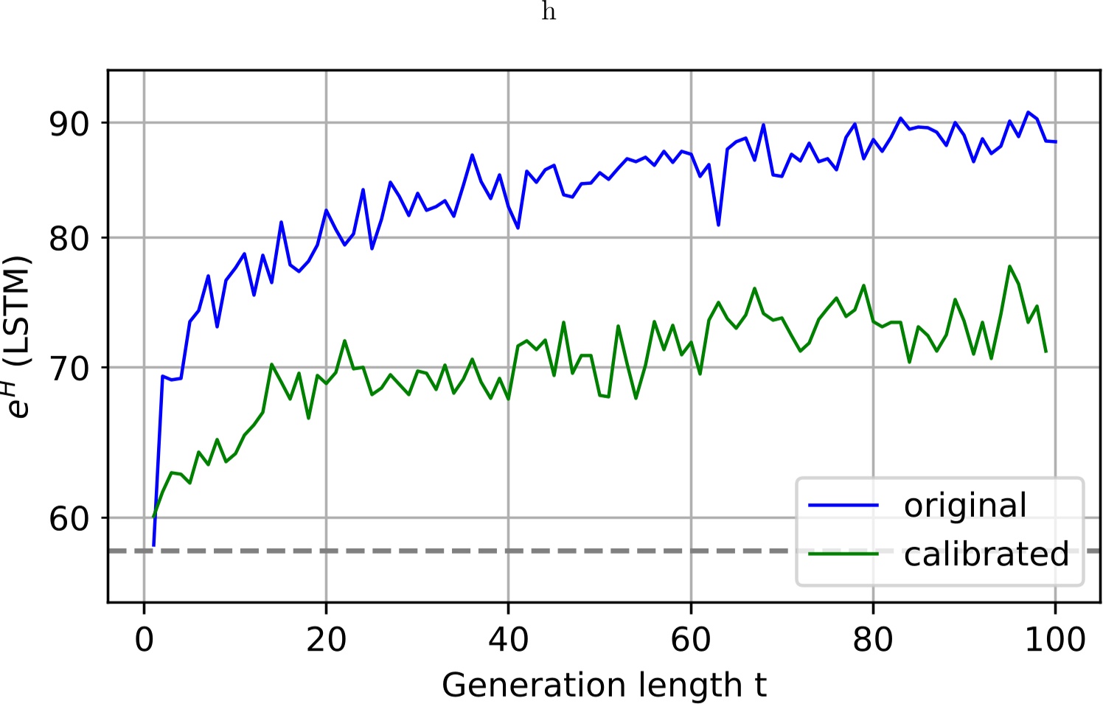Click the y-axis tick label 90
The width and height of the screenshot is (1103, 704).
tap(69, 123)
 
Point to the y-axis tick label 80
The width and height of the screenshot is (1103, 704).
tap(69, 239)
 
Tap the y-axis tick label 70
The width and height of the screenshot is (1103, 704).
tap(69, 368)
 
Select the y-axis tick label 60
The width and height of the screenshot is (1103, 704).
tap(69, 519)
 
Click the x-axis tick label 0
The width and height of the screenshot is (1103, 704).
tap(144, 639)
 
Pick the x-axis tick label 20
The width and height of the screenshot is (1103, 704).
tap(326, 639)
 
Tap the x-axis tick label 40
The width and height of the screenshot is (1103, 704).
tap(508, 639)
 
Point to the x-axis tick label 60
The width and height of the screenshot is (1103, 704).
tap(690, 639)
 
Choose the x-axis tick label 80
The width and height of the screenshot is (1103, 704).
tap(873, 639)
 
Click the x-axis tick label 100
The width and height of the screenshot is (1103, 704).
tap(1055, 639)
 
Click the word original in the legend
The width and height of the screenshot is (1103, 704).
tap(965, 506)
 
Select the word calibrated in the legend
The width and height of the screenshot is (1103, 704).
tap(987, 554)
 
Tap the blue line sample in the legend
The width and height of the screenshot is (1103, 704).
tap(843, 506)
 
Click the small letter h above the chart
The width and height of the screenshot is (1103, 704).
tap(549, 13)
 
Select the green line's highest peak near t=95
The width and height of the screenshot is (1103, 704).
tap(1009, 266)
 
